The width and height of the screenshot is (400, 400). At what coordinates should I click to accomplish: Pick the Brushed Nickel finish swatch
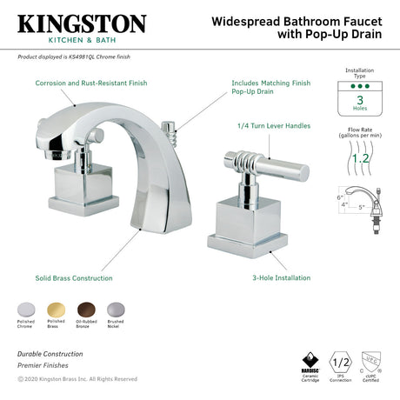[x=116, y=310]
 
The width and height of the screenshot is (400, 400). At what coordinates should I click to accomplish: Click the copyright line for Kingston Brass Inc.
[x=77, y=378]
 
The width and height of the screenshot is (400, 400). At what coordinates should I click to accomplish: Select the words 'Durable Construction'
[x=50, y=354]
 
